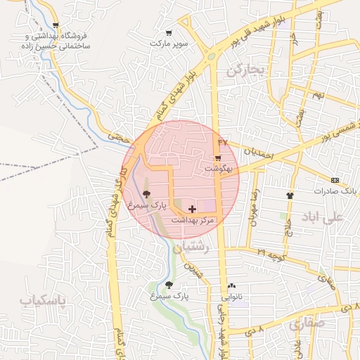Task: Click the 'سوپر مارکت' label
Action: (169, 43)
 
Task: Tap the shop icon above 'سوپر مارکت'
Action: (168, 32)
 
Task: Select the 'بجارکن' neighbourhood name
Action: (243, 70)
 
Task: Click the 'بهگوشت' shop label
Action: (217, 169)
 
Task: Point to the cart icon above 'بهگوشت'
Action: (218, 157)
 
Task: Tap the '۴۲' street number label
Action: (224, 143)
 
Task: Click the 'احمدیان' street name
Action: (258, 152)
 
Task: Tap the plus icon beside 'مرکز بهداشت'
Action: (192, 209)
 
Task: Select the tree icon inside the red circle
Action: (146, 193)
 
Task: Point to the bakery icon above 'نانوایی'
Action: (232, 285)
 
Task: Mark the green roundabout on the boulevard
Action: (210, 56)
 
